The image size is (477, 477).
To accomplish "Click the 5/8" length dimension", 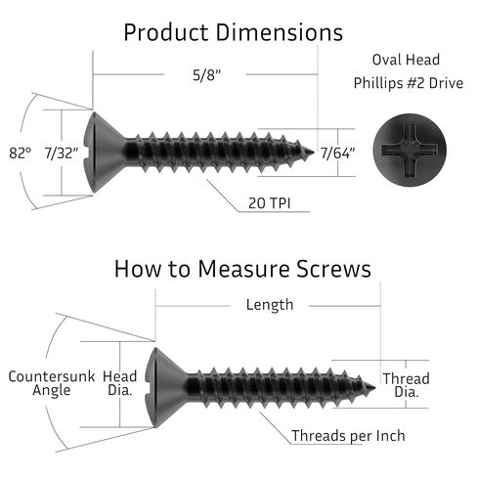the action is coord(206,75).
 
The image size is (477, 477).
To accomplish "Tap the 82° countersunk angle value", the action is coord(21,153).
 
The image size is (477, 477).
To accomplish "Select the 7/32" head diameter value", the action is coord(62,153).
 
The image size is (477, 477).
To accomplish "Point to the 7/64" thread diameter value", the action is coord(337,153).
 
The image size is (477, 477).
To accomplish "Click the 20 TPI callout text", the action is coord(269,203).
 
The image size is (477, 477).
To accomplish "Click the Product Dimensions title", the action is coord(234,32).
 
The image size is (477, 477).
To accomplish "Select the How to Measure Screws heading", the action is coord(242,269).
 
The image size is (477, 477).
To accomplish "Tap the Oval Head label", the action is coord(406,60).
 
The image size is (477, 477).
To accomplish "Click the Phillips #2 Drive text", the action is coord(409,83).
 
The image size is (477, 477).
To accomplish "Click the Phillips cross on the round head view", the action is coord(410,150).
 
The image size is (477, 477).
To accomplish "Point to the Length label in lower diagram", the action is coord(270,305).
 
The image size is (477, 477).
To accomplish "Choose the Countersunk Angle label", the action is coord(52,383).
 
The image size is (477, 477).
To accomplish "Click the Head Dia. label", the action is coord(120,383).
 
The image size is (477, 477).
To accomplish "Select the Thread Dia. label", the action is coord(406,385).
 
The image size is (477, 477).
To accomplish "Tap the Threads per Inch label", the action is coord(348,436).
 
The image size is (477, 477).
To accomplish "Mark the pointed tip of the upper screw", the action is coord(314,152).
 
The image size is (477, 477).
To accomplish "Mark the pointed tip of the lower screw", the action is coord(375,388).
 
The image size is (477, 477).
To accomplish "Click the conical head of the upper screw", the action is coord(104,152).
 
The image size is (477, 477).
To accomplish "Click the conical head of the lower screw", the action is coord(165,388).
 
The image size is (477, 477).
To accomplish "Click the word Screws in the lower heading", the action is coord(334,269).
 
